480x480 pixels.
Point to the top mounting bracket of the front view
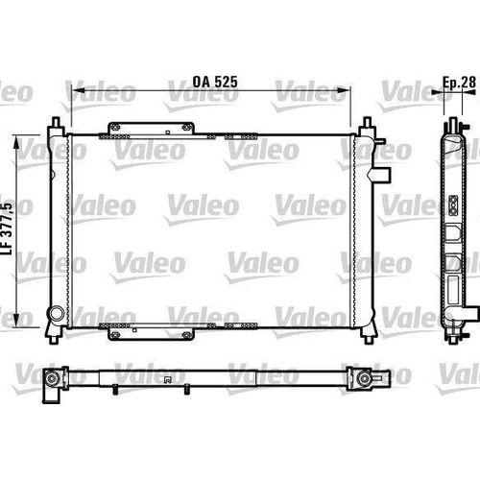tap(155, 128)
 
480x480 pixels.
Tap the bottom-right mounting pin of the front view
tap(367, 332)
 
